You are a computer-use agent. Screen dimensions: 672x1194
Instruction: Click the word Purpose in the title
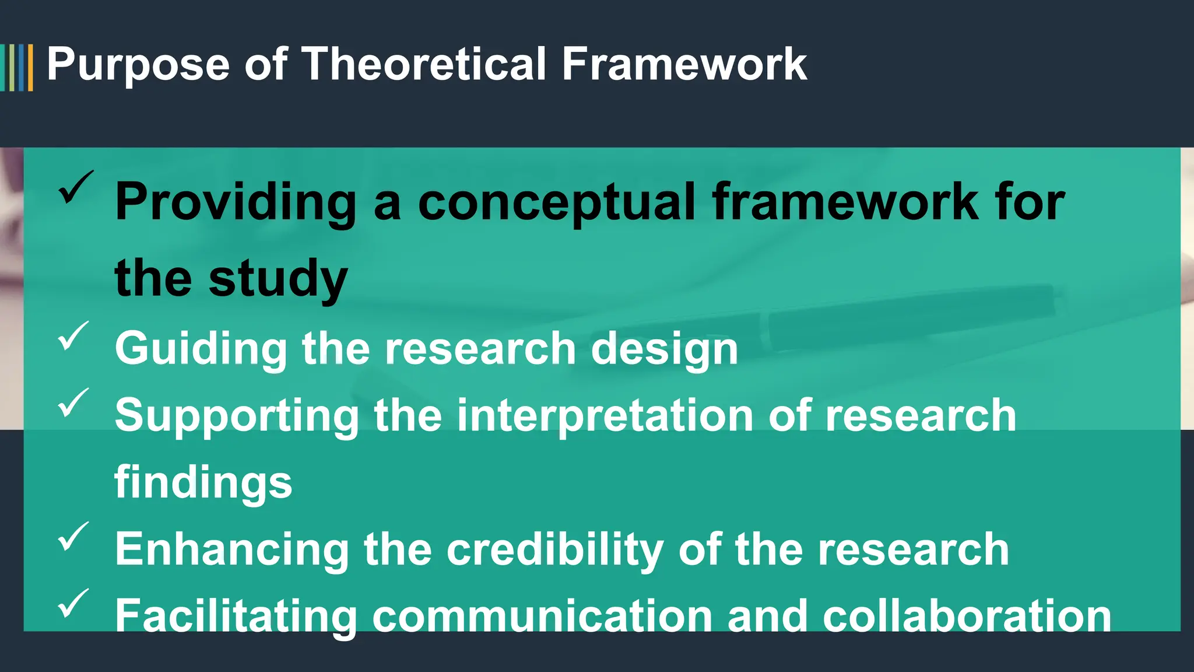click(x=138, y=65)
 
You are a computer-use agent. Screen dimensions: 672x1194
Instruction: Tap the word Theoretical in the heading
click(x=424, y=64)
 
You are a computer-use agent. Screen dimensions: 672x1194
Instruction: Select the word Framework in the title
click(x=684, y=64)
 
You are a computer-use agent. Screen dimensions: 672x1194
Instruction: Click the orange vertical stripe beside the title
click(x=30, y=68)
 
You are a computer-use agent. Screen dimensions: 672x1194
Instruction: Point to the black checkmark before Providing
click(x=75, y=188)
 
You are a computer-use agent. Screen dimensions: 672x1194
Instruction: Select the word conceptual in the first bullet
click(x=557, y=203)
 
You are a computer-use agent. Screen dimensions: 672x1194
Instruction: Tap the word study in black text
click(x=278, y=279)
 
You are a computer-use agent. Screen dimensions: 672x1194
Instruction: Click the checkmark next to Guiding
click(x=73, y=337)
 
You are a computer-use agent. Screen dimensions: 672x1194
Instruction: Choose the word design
click(x=665, y=349)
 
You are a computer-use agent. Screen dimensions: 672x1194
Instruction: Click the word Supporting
click(x=237, y=416)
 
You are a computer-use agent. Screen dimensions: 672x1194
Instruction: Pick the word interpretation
click(x=605, y=416)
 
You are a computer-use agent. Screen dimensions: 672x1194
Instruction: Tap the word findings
click(x=203, y=483)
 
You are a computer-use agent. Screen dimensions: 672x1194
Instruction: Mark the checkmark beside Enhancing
click(x=73, y=537)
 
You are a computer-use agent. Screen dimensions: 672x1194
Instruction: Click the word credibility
click(x=554, y=550)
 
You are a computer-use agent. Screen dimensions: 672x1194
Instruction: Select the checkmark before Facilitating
click(x=73, y=604)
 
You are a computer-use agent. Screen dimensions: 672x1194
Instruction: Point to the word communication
click(x=542, y=617)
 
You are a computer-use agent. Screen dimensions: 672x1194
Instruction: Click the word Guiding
click(x=201, y=349)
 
